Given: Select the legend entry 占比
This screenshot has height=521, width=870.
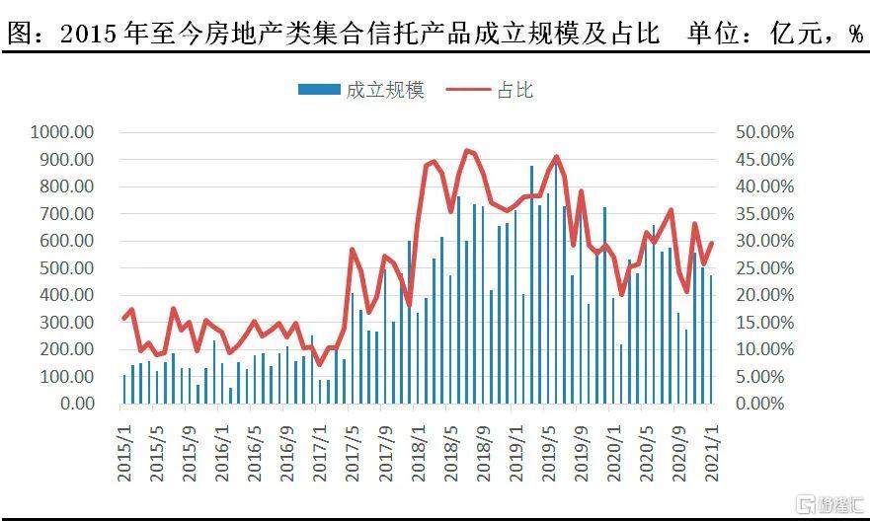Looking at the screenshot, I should [x=514, y=91].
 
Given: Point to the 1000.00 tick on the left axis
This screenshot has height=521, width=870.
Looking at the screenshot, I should [x=62, y=132].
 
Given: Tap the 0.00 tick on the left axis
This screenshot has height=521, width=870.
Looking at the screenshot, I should [x=76, y=404].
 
